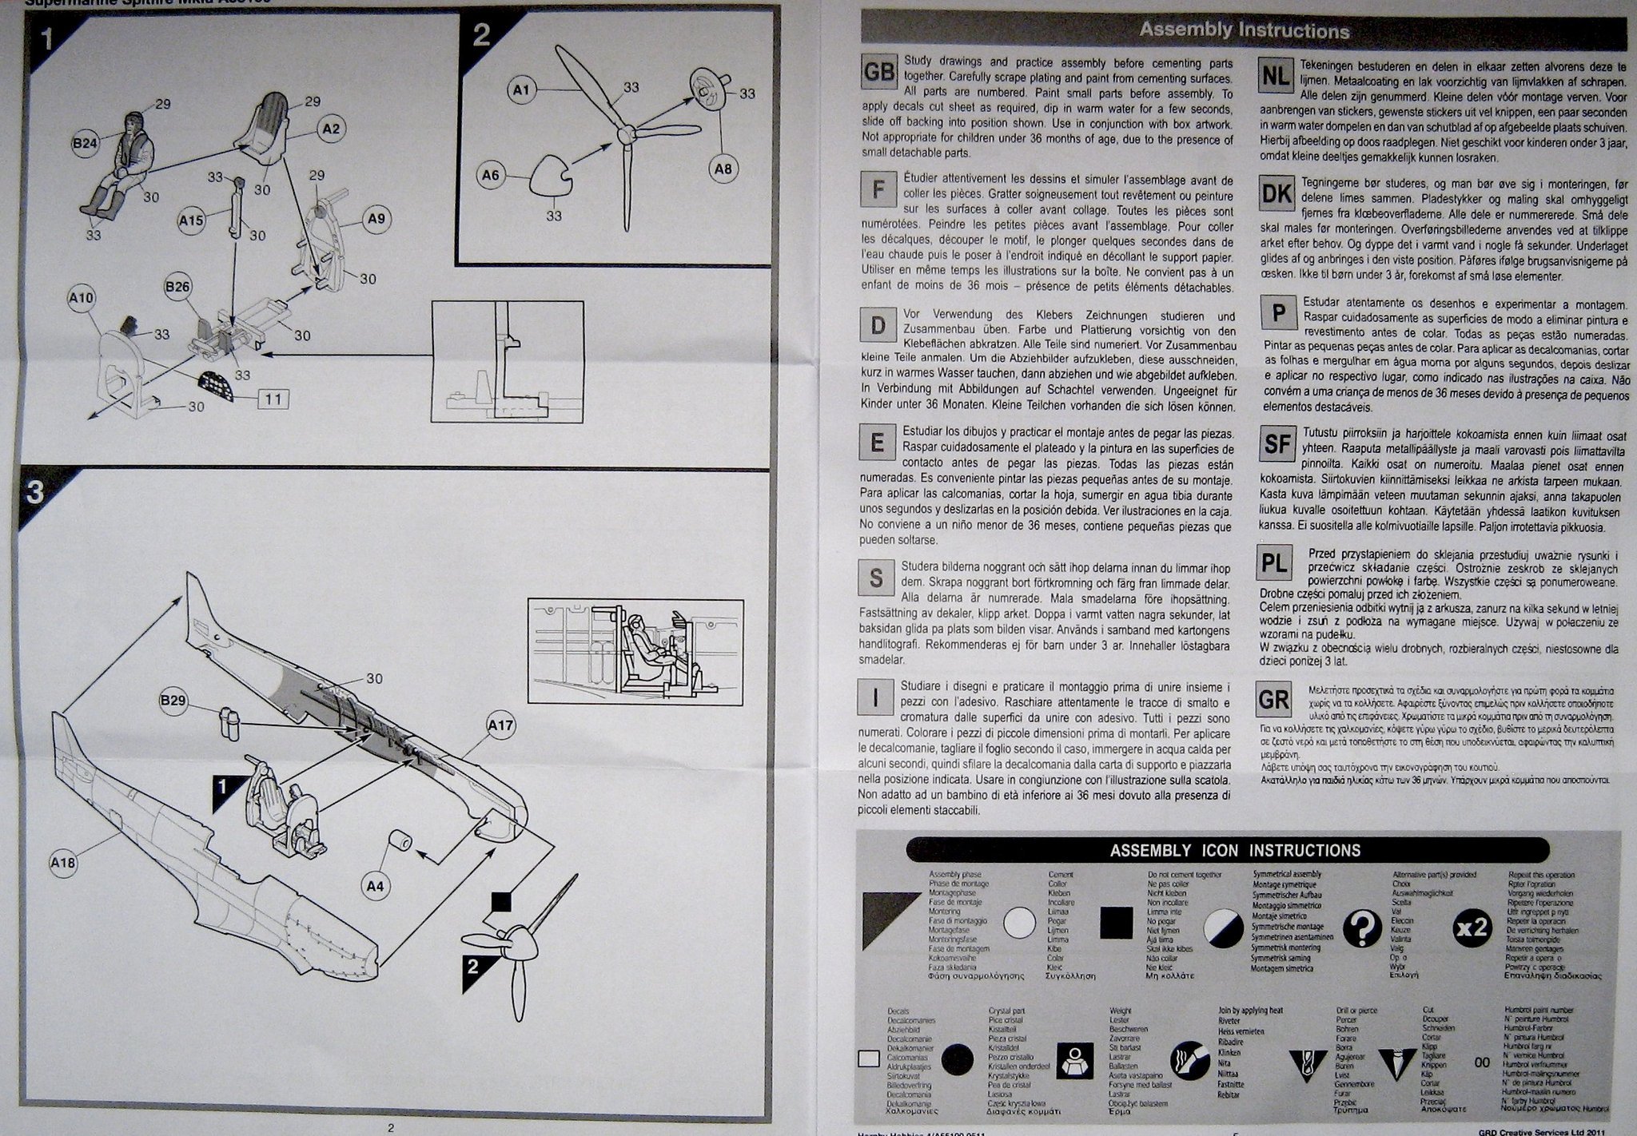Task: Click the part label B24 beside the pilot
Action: (85, 144)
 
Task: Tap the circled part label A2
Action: (331, 128)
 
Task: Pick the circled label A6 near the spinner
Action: (491, 174)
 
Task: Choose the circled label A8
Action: (723, 169)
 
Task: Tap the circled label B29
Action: (173, 701)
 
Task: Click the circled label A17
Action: (501, 725)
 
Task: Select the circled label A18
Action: (63, 862)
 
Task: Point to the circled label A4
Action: (376, 885)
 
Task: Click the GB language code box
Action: (878, 73)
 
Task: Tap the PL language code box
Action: (1274, 564)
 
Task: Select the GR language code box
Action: (1274, 701)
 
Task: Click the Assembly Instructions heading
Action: (1244, 31)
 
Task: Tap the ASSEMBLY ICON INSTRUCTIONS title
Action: (1235, 851)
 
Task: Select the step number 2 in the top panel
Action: (481, 35)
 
